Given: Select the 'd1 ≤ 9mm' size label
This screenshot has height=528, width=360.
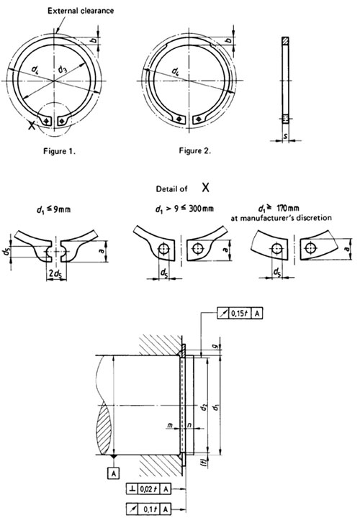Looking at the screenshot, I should pos(50,214).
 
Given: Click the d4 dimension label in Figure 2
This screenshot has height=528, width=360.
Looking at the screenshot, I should pos(176,72).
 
